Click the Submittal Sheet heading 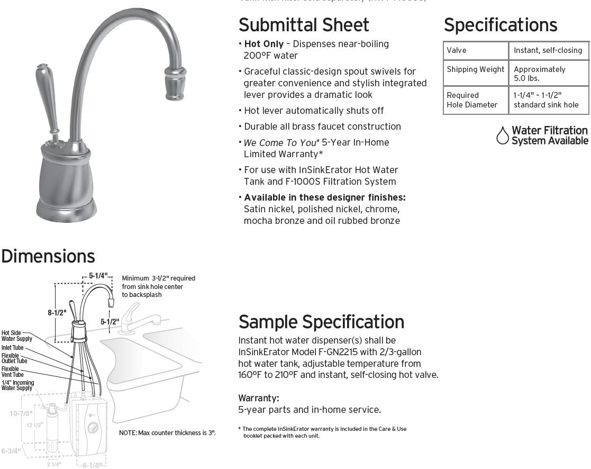(304, 25)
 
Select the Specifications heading (500, 25)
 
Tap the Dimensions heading (48, 256)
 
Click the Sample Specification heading (321, 322)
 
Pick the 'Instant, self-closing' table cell (547, 50)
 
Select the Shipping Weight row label (475, 69)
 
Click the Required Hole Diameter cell (472, 100)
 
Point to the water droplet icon (502, 136)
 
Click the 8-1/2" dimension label (57, 313)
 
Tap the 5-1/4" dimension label (98, 276)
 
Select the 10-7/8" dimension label (21, 413)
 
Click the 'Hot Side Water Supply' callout (16, 336)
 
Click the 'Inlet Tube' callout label (12, 348)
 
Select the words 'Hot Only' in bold (263, 44)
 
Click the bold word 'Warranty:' (258, 398)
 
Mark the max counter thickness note (167, 433)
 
